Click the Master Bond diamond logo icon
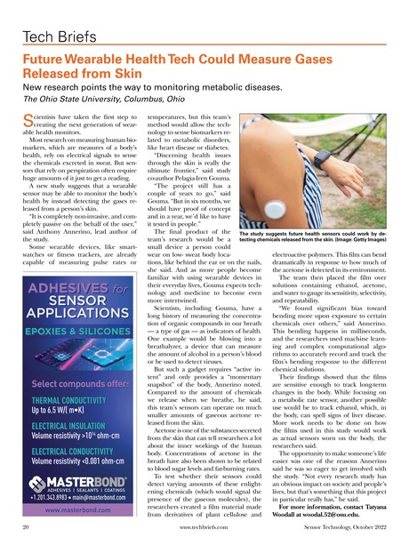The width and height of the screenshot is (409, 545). coord(37,509)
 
